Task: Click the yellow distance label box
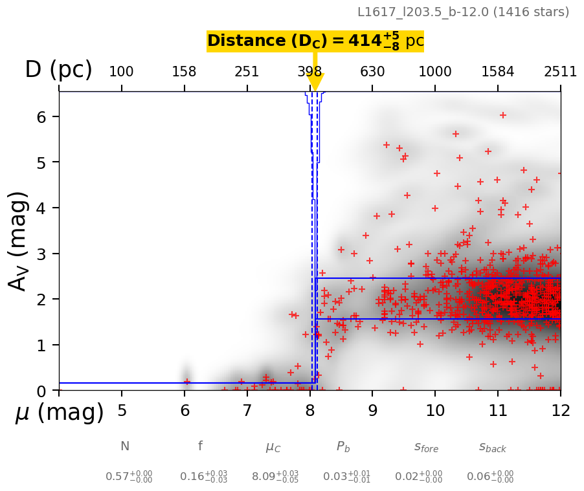[x=315, y=41]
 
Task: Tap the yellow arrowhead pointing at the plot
[x=315, y=82]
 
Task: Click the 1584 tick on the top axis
[x=498, y=72]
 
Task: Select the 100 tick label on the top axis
[x=121, y=72]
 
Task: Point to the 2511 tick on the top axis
[x=560, y=72]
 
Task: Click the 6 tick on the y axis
[x=49, y=116]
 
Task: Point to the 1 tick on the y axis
[x=49, y=345]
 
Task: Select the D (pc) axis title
[x=58, y=70]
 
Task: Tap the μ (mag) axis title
[x=60, y=413]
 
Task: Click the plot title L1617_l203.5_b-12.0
[x=463, y=12]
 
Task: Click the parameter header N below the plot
[x=125, y=446]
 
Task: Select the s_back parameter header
[x=492, y=447]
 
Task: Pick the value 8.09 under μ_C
[x=265, y=477]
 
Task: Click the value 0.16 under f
[x=194, y=477]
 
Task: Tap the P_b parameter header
[x=343, y=447]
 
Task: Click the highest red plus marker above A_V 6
[x=502, y=115]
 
